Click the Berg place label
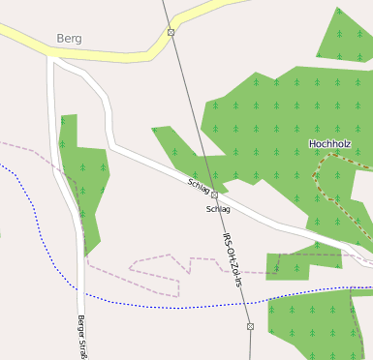(x=69, y=39)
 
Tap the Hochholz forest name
(x=329, y=144)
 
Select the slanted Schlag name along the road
(x=199, y=184)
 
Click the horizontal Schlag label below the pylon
(x=218, y=209)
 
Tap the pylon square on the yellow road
(x=171, y=32)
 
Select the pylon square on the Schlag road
(x=214, y=195)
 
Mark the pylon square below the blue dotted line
(x=250, y=326)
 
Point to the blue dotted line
(x=145, y=305)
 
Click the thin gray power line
(x=189, y=106)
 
